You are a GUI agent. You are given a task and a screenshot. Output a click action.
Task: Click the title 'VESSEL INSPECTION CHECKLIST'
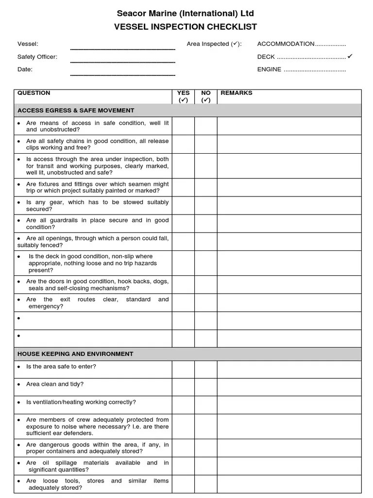coord(186,27)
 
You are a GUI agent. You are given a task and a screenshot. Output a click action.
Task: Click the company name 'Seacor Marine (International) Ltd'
coord(186,14)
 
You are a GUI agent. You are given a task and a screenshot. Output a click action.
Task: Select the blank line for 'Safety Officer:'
coord(122,61)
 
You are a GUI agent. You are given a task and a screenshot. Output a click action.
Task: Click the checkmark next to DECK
coord(350,56)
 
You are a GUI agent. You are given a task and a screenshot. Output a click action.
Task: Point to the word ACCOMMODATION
coord(286,44)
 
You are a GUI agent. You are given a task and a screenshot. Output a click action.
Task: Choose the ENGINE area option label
coord(269,70)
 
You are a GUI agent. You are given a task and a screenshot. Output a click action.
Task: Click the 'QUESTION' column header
coord(34,93)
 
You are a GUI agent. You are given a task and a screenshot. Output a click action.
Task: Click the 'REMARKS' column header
coord(237,93)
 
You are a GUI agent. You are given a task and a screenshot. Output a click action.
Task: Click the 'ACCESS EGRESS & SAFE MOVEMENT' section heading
coord(76,110)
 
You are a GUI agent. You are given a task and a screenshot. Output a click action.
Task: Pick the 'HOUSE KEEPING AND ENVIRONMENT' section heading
coord(75,354)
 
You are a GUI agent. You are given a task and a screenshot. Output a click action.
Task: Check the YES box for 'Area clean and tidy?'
coord(183,388)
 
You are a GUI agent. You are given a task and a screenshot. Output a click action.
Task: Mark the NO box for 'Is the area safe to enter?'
coord(206,370)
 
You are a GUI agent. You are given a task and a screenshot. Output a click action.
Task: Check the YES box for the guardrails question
coord(183,224)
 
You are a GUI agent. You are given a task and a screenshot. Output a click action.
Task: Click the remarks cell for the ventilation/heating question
coord(289,405)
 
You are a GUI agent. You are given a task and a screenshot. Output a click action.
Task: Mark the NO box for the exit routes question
coord(206,303)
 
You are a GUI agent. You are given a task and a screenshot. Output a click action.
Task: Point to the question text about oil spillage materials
coord(97,466)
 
